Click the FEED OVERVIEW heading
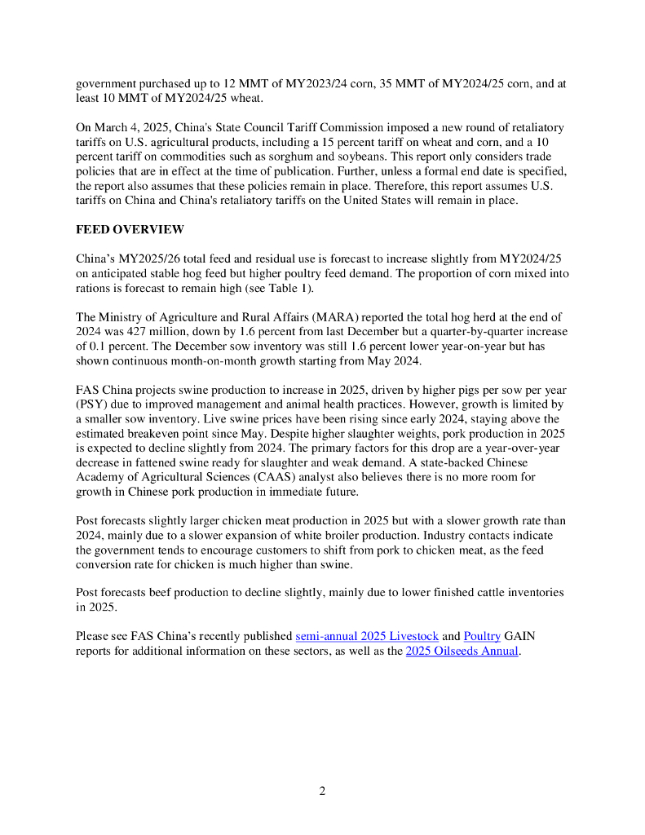point(130,229)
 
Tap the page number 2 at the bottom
point(322,790)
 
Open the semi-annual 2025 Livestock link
point(367,635)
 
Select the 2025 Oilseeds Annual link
point(462,651)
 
